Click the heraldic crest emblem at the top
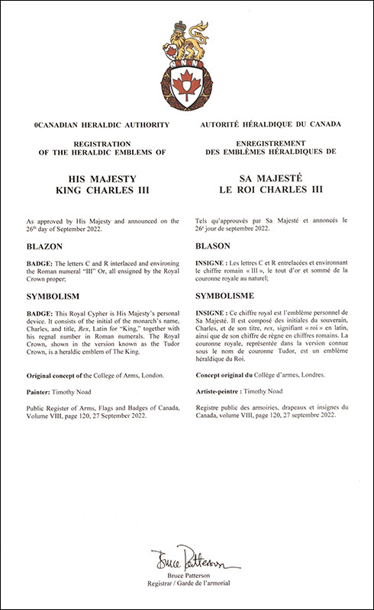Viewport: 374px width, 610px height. tap(186, 67)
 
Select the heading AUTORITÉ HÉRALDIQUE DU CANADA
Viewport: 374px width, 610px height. tap(270, 123)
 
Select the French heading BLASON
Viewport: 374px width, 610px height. tap(217, 247)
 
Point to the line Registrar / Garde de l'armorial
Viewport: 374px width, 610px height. tap(186, 591)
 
